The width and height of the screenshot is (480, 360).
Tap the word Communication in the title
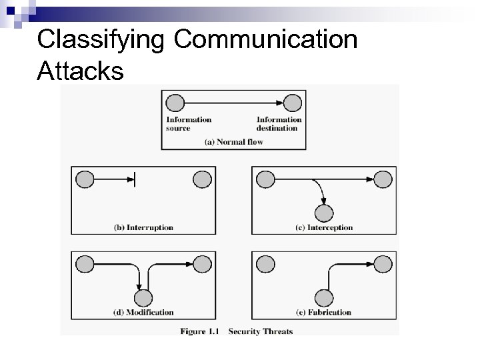[x=266, y=40]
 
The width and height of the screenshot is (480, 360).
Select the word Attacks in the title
[x=81, y=71]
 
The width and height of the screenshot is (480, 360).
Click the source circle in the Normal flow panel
[x=175, y=103]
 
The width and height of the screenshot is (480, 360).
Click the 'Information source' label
[x=189, y=124]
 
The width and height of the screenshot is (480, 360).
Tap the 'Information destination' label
[x=279, y=124]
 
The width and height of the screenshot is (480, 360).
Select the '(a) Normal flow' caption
[x=233, y=141]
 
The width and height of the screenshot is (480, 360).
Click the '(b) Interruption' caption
[x=143, y=227]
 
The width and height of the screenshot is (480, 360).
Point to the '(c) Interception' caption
[x=323, y=227]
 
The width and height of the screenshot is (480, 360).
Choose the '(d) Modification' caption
[x=143, y=312]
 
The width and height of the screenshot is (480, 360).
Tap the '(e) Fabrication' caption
[x=323, y=312]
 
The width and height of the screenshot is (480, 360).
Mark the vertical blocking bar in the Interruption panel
[x=135, y=179]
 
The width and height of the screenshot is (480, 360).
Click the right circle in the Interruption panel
[x=202, y=179]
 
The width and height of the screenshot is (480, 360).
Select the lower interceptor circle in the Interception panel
[x=323, y=213]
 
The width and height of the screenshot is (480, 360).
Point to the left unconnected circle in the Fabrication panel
[x=265, y=264]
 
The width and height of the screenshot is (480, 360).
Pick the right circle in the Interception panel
[x=383, y=179]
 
